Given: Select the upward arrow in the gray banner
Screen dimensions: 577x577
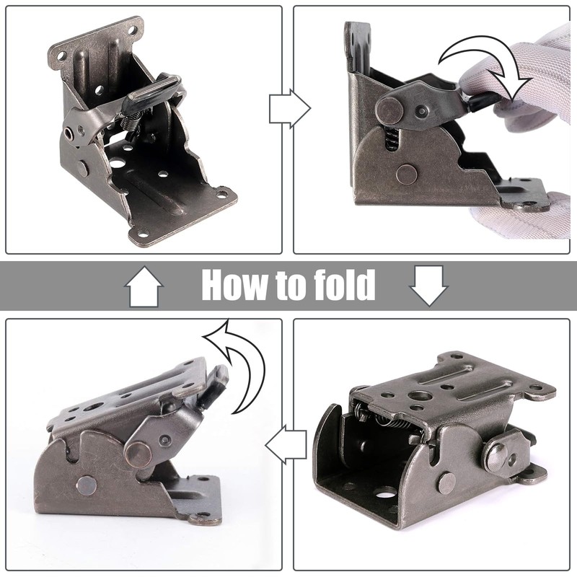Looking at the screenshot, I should coord(144,286).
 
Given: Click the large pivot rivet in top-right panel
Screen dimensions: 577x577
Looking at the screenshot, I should coord(389,110).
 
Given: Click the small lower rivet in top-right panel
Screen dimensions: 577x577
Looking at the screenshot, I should coord(406,173).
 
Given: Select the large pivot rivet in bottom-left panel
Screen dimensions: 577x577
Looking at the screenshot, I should coord(136,453).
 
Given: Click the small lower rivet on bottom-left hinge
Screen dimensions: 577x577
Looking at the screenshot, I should coord(87,485).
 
